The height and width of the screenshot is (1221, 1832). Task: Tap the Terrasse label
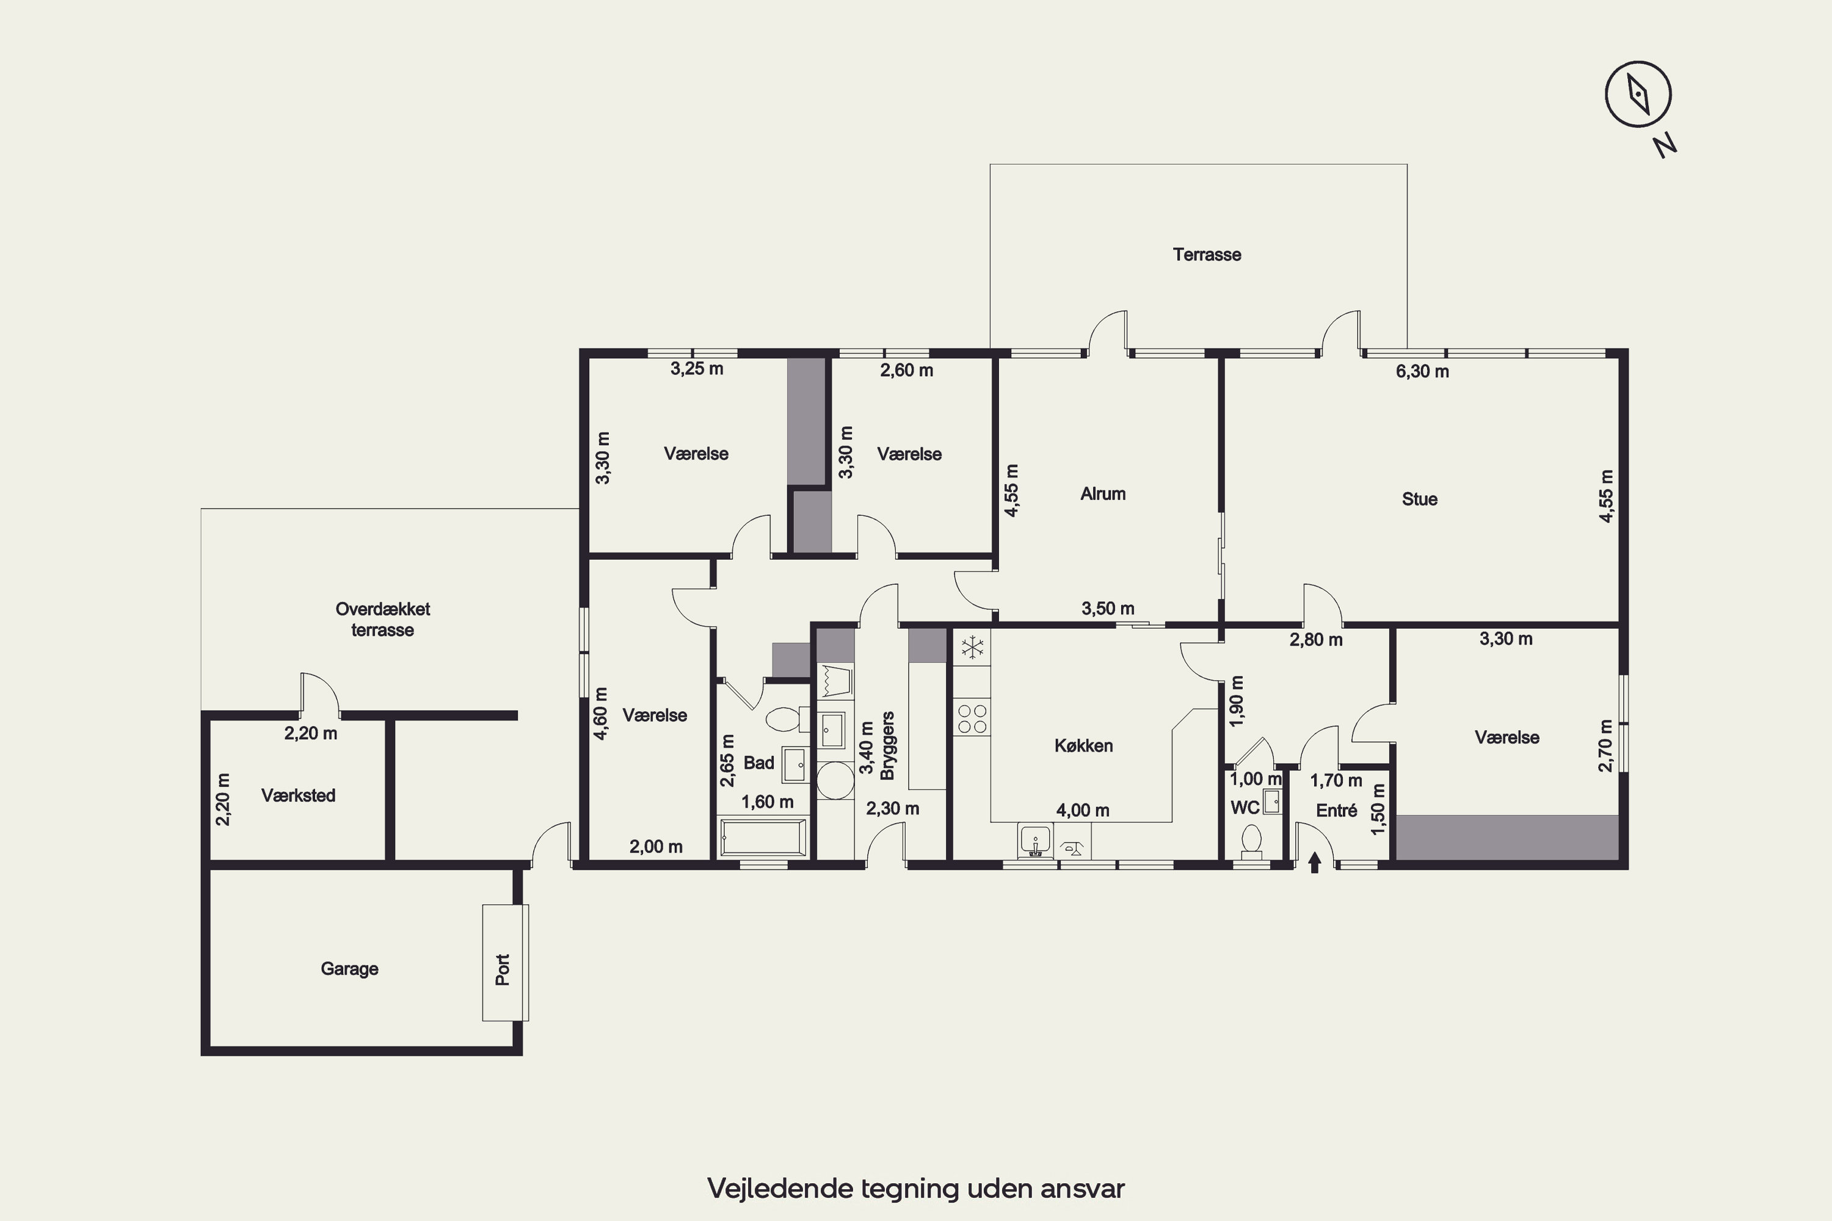(1207, 255)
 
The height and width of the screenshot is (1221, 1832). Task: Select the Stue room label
(1419, 499)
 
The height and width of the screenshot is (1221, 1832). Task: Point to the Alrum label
(1102, 494)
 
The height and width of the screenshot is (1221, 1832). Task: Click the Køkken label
(1083, 746)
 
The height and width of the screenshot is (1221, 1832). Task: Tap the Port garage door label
(503, 969)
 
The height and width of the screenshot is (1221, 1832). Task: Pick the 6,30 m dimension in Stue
(1422, 371)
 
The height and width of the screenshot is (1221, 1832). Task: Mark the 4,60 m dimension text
(600, 712)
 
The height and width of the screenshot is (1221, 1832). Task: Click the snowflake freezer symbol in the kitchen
(972, 647)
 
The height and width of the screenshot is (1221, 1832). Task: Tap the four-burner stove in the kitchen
(972, 719)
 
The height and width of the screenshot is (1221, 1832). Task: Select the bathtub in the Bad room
(763, 837)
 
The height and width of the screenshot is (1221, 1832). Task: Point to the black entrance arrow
(1315, 863)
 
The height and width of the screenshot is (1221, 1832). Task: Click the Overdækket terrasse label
(382, 620)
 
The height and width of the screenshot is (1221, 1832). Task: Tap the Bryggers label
(887, 746)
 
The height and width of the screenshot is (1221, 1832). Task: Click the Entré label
(1337, 811)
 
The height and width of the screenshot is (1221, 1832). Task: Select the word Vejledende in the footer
(780, 1188)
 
